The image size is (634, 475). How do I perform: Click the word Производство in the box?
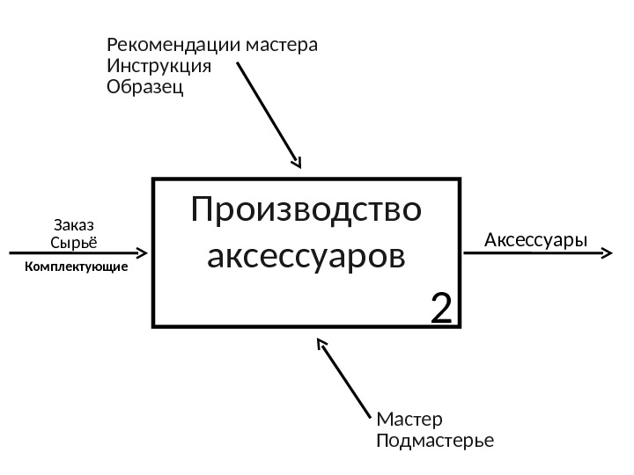point(306,211)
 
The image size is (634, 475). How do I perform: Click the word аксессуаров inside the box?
point(306,258)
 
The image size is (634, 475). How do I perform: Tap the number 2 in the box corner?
point(441,309)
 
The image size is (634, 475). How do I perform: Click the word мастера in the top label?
point(282,44)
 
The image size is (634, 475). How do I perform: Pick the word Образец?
point(145,88)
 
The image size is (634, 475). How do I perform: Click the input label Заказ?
point(74,225)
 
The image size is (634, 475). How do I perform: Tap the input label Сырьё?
point(74,242)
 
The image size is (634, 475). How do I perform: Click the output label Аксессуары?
point(535,239)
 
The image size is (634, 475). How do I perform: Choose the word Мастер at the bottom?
point(409,418)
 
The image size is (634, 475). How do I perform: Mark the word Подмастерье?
point(435,439)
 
